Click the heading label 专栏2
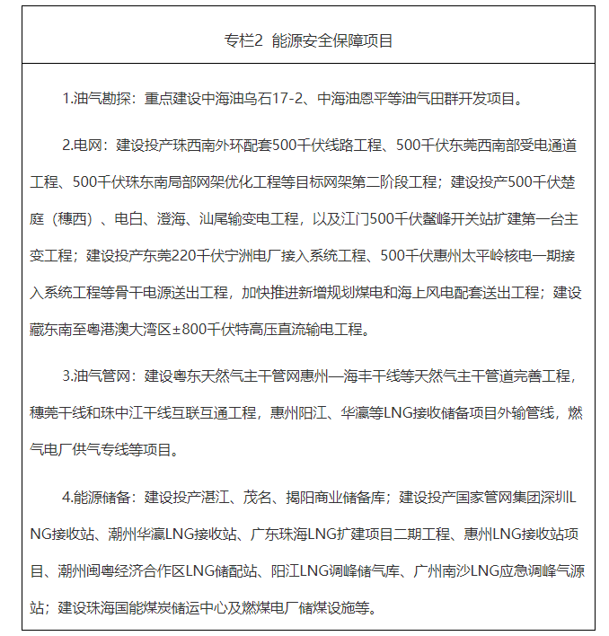coord(242,41)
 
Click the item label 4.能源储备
coord(97,496)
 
